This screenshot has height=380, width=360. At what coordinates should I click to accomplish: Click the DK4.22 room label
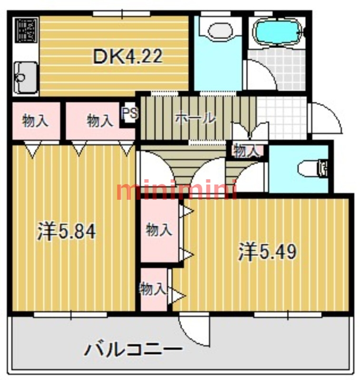(x=127, y=57)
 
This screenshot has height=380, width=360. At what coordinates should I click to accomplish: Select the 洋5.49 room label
(x=268, y=252)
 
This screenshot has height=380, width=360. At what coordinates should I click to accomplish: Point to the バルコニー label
(x=133, y=351)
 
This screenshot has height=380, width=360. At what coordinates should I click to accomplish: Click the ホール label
(x=195, y=117)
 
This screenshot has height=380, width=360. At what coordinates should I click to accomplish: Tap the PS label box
(x=129, y=114)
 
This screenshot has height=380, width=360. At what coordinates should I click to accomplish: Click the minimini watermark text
(x=176, y=191)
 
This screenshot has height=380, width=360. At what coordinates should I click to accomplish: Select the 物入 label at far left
(x=36, y=121)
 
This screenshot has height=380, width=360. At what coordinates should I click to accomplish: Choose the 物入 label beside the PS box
(x=100, y=121)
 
